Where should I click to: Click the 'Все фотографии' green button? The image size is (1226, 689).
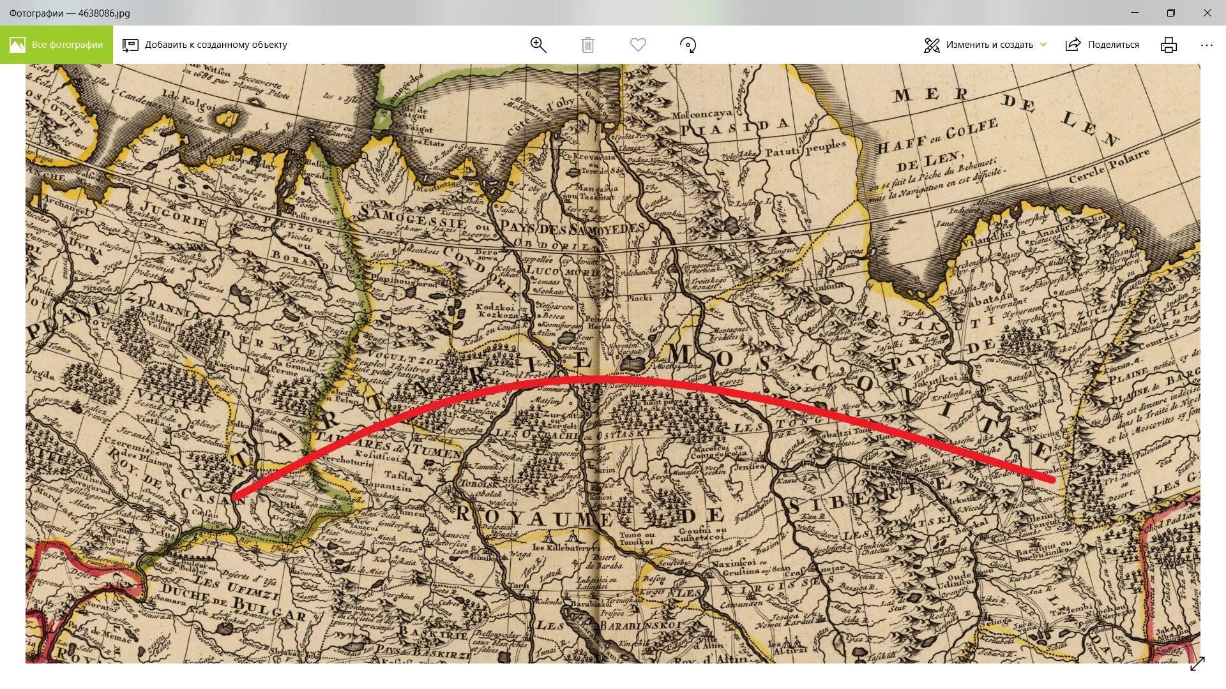[x=56, y=45]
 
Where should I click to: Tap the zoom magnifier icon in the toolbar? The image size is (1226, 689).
[x=538, y=45]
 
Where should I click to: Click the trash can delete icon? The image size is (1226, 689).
[x=587, y=45]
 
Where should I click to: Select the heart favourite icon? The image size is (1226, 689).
[x=638, y=45]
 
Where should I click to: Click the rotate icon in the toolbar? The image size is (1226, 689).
[x=688, y=45]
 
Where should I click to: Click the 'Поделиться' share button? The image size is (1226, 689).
[x=1103, y=45]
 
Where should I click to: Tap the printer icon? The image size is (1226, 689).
[x=1169, y=45]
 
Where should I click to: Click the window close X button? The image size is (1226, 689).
[x=1207, y=13]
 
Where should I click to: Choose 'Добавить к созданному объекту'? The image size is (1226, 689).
[x=205, y=45]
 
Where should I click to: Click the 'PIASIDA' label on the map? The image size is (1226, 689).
[x=734, y=127]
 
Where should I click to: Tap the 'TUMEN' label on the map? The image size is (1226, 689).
[x=437, y=451]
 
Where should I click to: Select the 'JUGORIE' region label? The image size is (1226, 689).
[x=173, y=214]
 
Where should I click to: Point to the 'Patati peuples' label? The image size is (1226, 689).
[x=805, y=149]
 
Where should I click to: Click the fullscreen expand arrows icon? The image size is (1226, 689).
[x=1197, y=663]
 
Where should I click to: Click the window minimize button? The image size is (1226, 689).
[x=1135, y=13]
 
